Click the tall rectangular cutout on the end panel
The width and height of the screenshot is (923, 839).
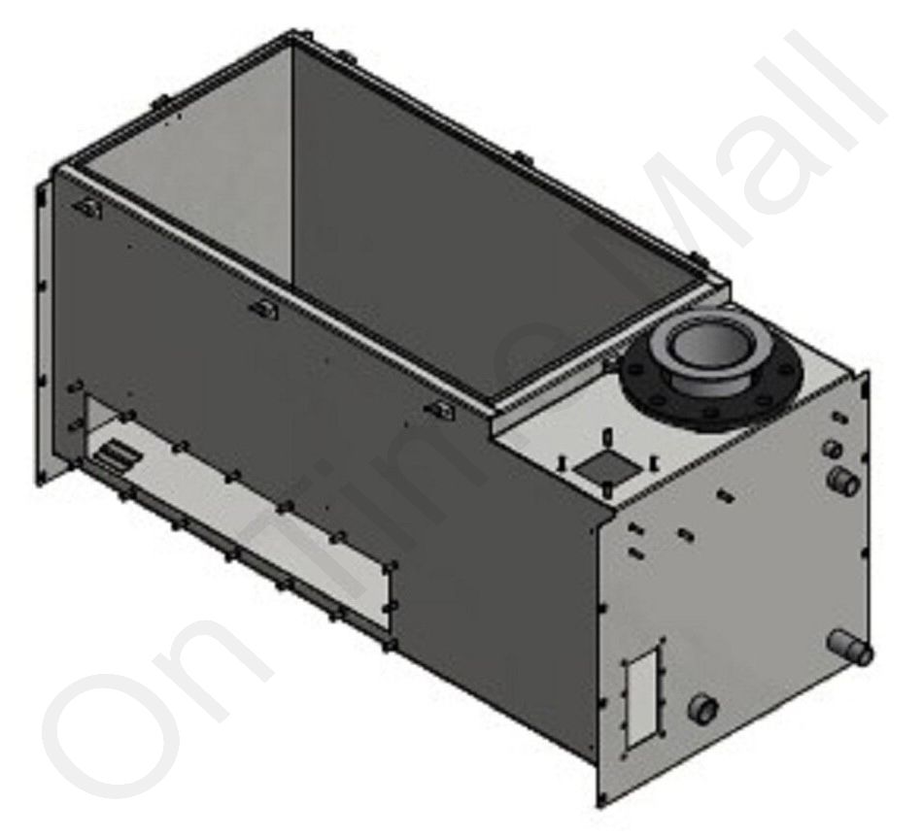point(644,696)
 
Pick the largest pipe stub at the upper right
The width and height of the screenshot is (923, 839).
point(843,481)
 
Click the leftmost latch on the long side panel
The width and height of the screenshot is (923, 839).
point(87,208)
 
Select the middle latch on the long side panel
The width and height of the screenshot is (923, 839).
point(264,308)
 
